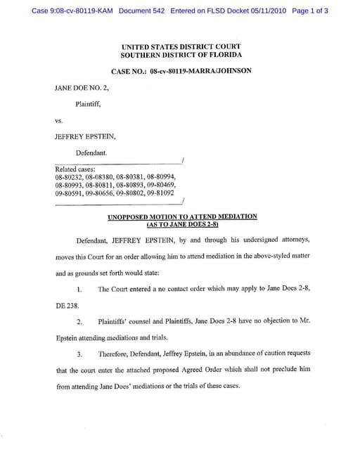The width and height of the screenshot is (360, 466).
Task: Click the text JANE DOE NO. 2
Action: pyautogui.click(x=82, y=89)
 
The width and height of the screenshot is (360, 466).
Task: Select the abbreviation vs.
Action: pyautogui.click(x=59, y=120)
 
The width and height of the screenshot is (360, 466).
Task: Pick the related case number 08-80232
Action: pyautogui.click(x=68, y=177)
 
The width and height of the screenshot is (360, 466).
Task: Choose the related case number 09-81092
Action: pyautogui.click(x=162, y=192)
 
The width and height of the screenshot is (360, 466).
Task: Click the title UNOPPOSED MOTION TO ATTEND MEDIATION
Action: pyautogui.click(x=181, y=216)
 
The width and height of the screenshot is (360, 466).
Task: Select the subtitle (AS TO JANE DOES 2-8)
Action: pyautogui.click(x=181, y=224)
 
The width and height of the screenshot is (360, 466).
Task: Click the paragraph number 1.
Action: pyautogui.click(x=80, y=290)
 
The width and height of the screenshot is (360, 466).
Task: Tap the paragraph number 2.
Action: pyautogui.click(x=80, y=323)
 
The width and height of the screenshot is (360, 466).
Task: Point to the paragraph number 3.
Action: pyautogui.click(x=80, y=354)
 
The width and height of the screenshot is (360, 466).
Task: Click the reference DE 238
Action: pyautogui.click(x=67, y=306)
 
